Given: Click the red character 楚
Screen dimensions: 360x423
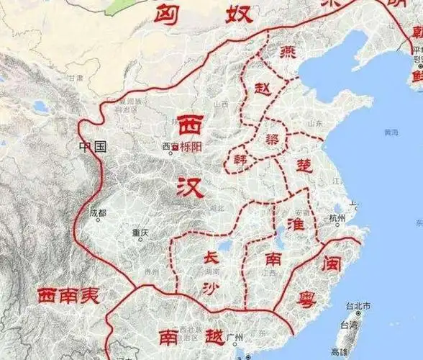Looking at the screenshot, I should click(x=305, y=165).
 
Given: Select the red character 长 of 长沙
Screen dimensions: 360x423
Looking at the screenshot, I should click(x=209, y=257).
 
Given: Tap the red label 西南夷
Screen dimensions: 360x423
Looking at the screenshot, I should click(x=68, y=295).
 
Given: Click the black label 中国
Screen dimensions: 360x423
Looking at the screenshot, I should click(x=94, y=147).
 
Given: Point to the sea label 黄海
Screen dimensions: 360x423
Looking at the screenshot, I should click(x=391, y=132).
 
